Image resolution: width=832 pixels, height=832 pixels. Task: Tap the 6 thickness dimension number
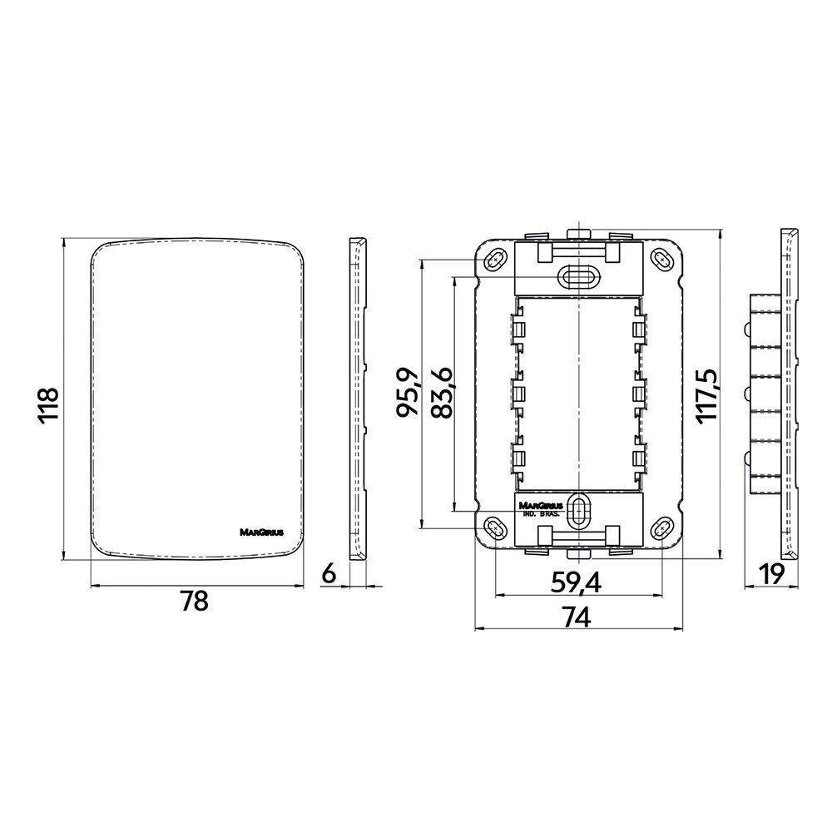click(x=328, y=573)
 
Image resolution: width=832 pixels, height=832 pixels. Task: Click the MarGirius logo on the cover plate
click(x=262, y=532)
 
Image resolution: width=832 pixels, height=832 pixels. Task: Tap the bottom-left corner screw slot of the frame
click(x=496, y=527)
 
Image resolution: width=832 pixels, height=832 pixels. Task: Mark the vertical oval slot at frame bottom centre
click(x=579, y=508)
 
